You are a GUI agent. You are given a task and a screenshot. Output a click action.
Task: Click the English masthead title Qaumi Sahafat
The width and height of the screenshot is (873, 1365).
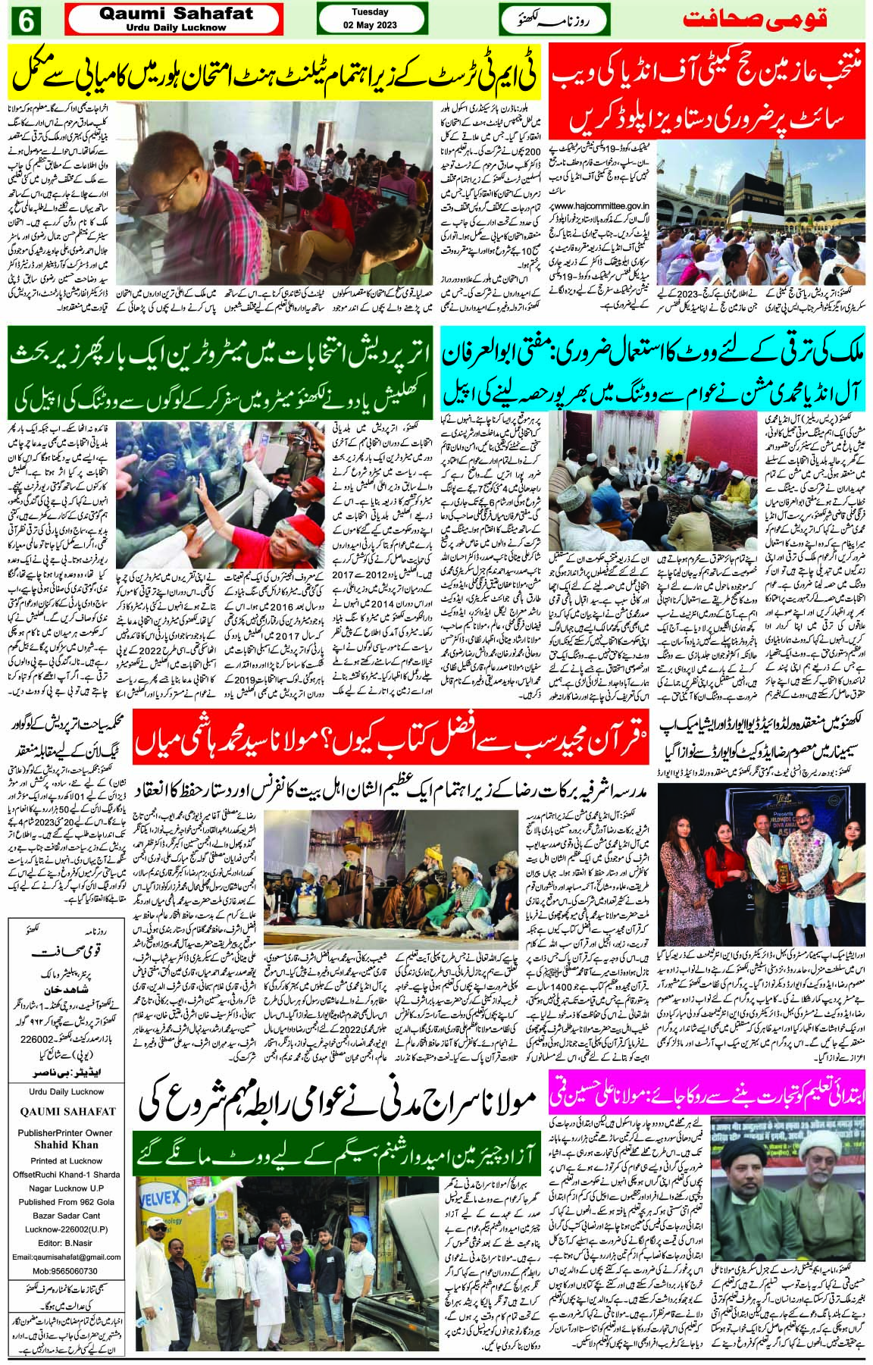[x=174, y=14]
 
